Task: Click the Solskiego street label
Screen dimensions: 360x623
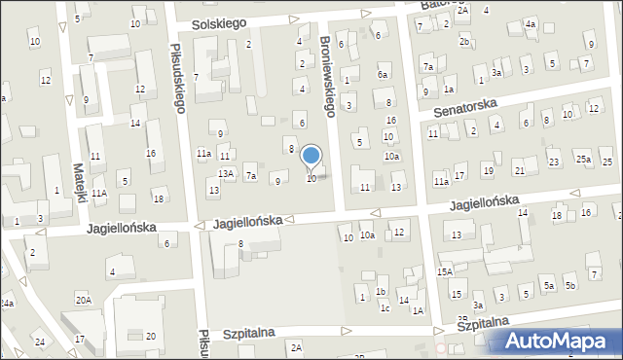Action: tap(219, 21)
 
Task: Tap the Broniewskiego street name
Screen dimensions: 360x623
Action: tap(328, 68)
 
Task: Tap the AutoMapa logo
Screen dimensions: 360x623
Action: tap(558, 341)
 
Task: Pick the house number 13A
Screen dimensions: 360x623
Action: tap(226, 173)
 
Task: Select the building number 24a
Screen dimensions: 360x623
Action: tap(7, 304)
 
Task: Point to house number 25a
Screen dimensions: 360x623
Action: tap(582, 159)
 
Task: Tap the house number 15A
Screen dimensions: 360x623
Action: tap(444, 272)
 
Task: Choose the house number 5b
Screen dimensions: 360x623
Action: tap(570, 285)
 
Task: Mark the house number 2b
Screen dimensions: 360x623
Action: tap(464, 41)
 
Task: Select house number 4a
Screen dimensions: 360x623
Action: tap(530, 23)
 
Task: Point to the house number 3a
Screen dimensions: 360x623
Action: tap(496, 73)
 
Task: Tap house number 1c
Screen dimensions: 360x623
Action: tap(385, 308)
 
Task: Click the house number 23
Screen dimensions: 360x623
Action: tap(554, 162)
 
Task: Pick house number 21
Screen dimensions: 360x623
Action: tap(519, 170)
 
